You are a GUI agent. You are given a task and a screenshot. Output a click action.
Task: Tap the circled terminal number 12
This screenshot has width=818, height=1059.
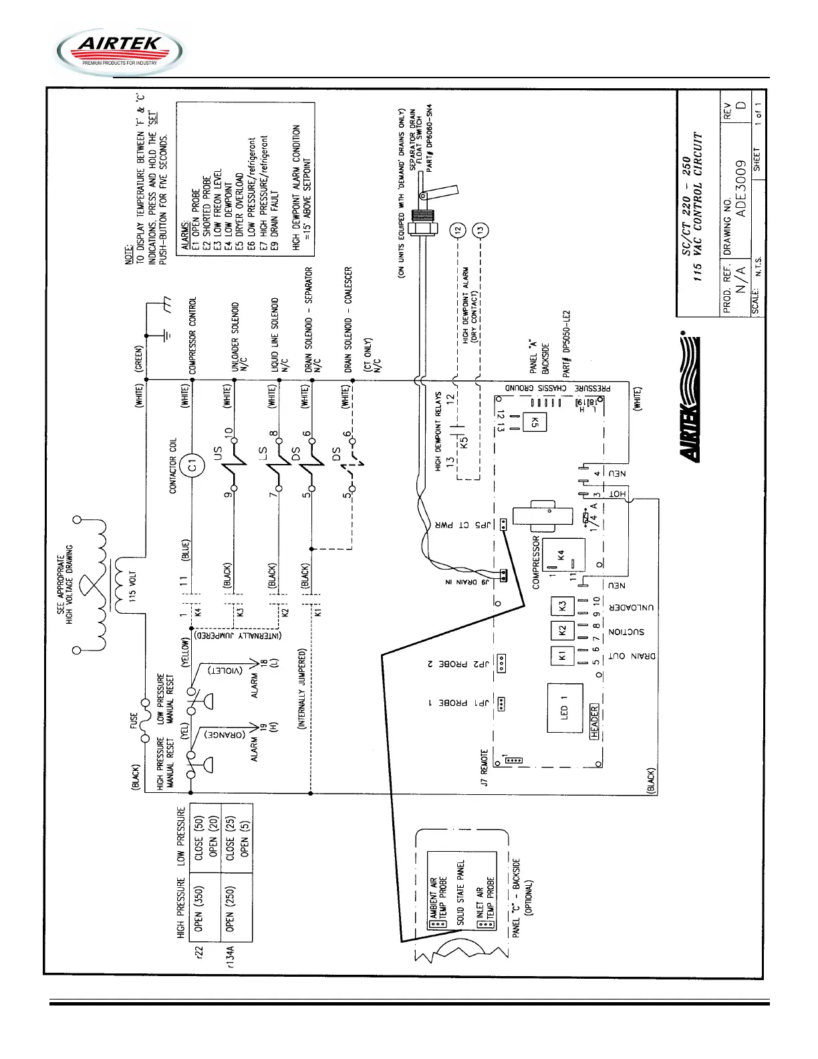458,231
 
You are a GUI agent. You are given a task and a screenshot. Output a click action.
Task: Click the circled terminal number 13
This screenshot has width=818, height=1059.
480,231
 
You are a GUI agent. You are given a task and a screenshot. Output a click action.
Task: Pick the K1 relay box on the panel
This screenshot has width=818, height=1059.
562,656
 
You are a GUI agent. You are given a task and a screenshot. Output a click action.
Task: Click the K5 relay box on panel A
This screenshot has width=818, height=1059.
535,422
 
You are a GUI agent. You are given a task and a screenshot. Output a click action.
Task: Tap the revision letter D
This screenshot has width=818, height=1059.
740,107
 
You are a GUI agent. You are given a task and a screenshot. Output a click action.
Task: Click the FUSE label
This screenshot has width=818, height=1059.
134,720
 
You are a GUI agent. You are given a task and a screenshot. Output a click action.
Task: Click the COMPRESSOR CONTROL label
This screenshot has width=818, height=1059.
193,335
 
